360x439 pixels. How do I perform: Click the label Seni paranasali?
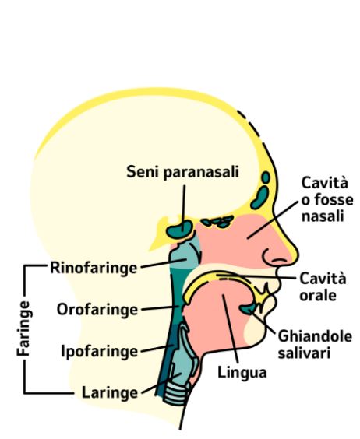182,172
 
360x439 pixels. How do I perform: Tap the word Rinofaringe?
94,268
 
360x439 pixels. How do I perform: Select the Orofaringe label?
97,310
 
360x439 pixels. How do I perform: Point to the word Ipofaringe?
100,352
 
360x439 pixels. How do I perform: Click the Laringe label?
110,393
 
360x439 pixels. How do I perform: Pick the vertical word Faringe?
23,328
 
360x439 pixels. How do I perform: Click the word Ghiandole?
315,336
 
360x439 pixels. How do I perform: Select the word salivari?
304,353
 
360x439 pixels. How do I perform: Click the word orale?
318,296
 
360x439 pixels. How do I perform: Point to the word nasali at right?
323,216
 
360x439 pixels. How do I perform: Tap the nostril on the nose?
280,262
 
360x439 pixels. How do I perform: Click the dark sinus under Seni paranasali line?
180,229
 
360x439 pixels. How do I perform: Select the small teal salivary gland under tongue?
248,308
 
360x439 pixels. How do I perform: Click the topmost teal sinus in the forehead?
266,177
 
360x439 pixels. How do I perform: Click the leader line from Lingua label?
231,329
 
